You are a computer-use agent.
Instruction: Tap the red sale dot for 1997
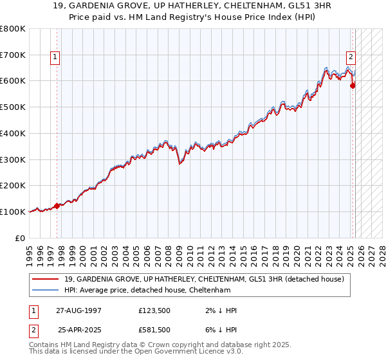pyautogui.click(x=57, y=206)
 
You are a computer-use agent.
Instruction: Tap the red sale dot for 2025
pyautogui.click(x=353, y=85)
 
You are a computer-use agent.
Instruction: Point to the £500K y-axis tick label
pyautogui.click(x=13, y=107)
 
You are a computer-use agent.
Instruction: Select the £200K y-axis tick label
pyautogui.click(x=13, y=185)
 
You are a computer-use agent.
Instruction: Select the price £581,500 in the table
pyautogui.click(x=154, y=330)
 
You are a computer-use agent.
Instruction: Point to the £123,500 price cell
pyautogui.click(x=154, y=310)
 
